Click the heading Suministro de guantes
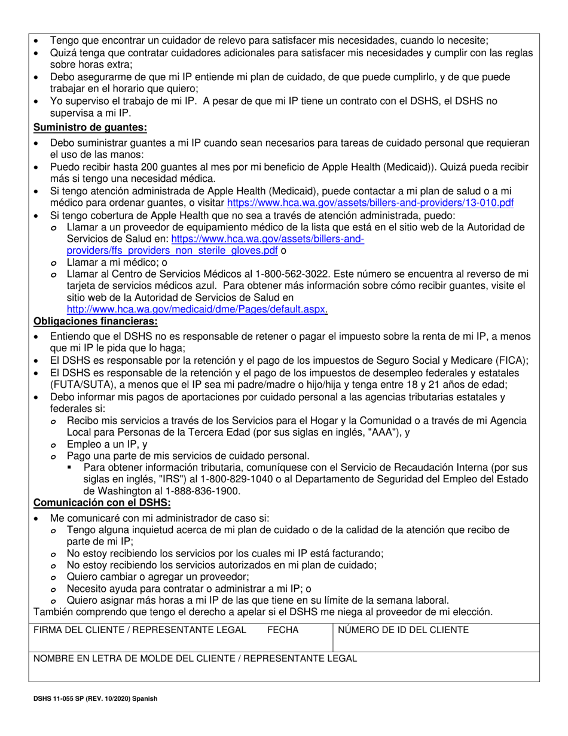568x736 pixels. click(x=90, y=127)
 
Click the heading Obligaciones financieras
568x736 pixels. click(x=96, y=321)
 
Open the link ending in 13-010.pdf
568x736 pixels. click(x=370, y=203)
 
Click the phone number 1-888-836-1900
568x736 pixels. click(x=205, y=491)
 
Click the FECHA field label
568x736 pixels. click(x=282, y=630)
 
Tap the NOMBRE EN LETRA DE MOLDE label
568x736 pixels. click(x=195, y=658)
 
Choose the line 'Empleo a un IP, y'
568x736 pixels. click(x=108, y=444)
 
